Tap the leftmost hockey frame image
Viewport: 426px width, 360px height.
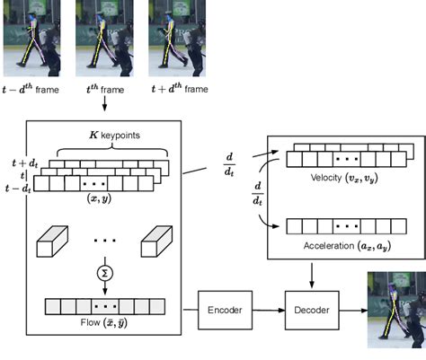[x=32, y=37]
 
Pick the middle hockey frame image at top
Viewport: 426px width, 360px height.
[x=105, y=37]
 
